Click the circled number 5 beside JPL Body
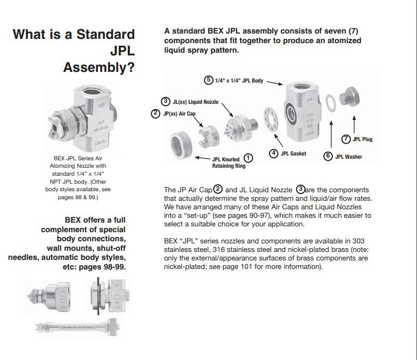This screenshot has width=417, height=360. point(209,80)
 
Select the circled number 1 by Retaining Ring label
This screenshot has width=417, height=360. point(248,158)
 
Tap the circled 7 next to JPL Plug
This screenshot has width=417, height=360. point(346,139)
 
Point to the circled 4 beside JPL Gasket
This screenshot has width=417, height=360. point(274,153)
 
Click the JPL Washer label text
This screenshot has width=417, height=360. point(348,157)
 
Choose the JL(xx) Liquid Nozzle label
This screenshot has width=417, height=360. point(195,102)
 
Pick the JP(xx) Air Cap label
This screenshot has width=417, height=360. point(179,114)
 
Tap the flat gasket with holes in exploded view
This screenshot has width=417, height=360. point(271,119)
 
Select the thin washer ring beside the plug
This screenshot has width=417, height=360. point(331,103)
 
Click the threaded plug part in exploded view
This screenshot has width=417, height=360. point(349,97)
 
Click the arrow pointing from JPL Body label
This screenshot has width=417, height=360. point(275,83)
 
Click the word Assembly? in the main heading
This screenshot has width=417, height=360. point(99,68)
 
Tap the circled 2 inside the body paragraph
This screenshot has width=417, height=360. point(218,189)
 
